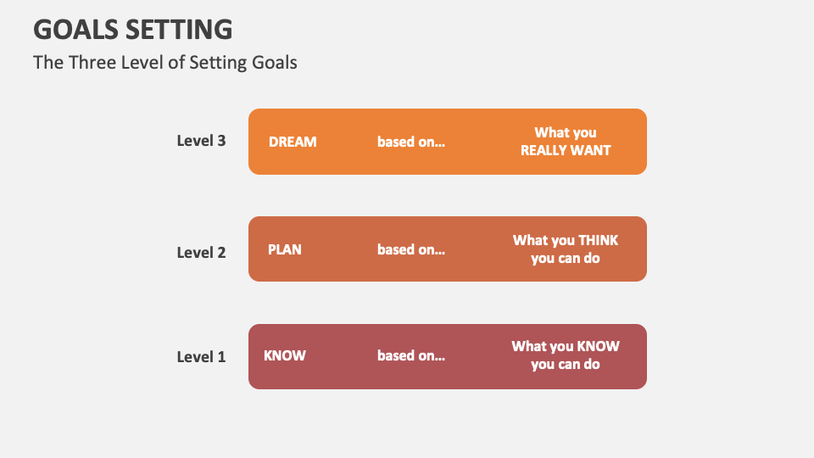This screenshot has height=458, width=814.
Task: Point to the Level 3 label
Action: [201, 141]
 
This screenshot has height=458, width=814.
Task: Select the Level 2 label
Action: [201, 252]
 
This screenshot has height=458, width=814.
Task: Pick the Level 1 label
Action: [201, 356]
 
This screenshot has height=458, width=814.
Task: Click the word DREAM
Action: [293, 142]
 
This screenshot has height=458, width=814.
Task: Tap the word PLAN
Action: [285, 249]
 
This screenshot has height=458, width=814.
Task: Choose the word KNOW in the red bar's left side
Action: [285, 355]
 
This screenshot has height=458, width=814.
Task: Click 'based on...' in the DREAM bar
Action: [411, 142]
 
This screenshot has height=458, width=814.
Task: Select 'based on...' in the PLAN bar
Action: [411, 249]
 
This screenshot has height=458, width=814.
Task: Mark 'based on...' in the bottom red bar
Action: [411, 355]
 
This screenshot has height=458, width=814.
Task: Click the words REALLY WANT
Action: [566, 150]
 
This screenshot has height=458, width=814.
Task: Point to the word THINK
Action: [598, 241]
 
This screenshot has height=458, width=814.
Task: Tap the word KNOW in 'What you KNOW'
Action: [599, 346]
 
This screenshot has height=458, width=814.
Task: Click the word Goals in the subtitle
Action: [274, 62]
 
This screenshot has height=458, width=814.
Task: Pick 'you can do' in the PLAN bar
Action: [566, 258]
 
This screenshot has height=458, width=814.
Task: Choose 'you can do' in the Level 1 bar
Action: [566, 364]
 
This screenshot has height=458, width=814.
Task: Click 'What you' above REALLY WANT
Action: [566, 132]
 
